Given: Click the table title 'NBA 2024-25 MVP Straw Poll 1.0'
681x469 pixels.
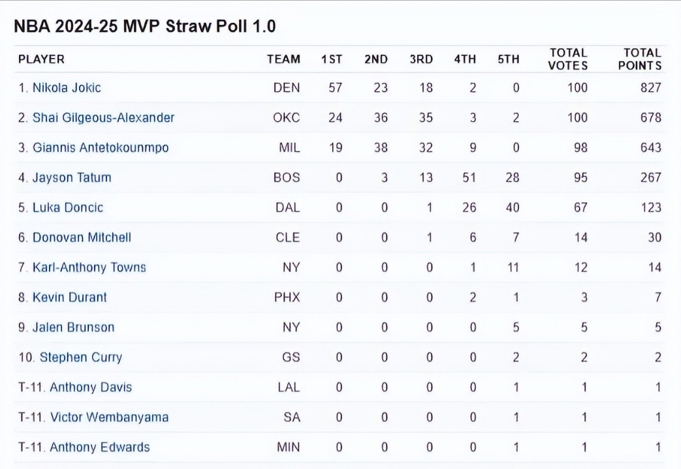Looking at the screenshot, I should pos(145,26).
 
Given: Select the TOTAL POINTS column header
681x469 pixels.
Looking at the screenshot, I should pos(640,59).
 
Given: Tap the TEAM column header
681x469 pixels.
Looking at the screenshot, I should pos(283,59).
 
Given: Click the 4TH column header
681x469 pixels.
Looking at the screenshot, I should pos(465,59).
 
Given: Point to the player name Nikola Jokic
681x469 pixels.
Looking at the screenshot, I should pos(67,87).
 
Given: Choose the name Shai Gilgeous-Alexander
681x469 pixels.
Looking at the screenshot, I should pos(103,117).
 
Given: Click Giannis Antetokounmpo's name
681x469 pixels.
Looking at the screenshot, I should pos(101,147).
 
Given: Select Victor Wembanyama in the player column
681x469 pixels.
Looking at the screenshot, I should pos(109,417).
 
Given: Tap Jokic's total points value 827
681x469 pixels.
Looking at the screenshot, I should pos(650,87).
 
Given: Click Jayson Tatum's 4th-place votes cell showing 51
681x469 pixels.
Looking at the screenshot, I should pos(469,177).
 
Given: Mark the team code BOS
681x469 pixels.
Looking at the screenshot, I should pos(287,177).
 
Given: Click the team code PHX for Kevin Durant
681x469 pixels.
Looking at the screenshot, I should pos(287,297).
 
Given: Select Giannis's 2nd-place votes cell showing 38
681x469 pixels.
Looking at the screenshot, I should pos(380,147).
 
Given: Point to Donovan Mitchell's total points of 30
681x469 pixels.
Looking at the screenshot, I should pos(654,237).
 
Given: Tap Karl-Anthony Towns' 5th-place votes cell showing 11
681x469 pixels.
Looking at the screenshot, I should pos(514,267).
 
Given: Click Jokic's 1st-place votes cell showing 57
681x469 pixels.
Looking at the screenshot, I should pos(335,87).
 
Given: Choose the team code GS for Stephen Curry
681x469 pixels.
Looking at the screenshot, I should pos(291,357).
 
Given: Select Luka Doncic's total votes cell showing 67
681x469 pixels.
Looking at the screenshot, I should pos(580,207).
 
